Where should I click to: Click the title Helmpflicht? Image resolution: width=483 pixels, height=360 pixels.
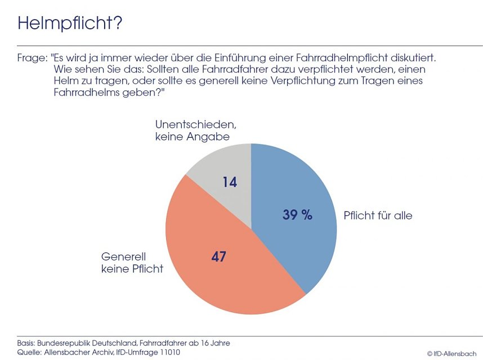point(70,23)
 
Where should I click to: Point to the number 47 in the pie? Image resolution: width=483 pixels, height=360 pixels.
point(218,257)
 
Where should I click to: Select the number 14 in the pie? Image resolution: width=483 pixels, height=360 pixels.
point(230,182)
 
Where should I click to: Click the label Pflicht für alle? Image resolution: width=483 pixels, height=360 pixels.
point(378,215)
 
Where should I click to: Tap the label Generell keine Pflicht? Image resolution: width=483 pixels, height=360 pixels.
point(132,263)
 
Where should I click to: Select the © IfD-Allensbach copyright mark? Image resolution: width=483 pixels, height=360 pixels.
point(451,353)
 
